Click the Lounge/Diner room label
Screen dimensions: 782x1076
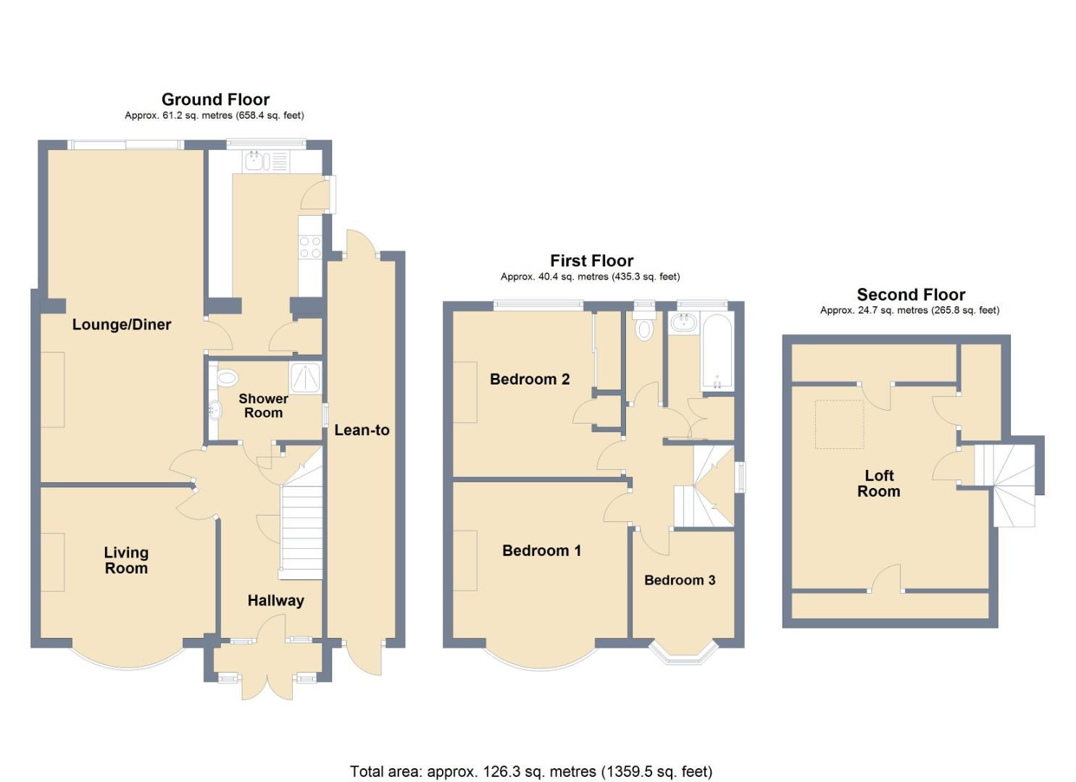[x=122, y=324]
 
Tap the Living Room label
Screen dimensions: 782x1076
[x=126, y=560]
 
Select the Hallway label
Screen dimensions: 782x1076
[x=275, y=600]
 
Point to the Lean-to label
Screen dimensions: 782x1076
[x=362, y=430]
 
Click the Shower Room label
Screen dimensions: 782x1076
[x=263, y=405]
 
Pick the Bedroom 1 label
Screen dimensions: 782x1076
[x=541, y=551]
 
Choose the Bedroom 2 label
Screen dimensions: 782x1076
[x=530, y=379]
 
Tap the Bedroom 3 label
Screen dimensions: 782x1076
[x=680, y=580]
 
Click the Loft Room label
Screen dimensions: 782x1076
[x=878, y=484]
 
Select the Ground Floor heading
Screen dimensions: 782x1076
[x=215, y=99]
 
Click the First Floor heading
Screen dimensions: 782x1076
[x=591, y=261]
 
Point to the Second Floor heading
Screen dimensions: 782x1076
[x=911, y=295]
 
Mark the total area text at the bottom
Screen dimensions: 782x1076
[x=531, y=771]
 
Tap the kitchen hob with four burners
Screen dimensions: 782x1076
[x=310, y=248]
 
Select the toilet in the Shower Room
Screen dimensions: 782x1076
[x=227, y=377]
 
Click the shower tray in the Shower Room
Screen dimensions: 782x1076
[x=305, y=378]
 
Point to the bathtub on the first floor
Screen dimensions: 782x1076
[x=717, y=352]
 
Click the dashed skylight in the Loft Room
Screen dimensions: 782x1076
[x=840, y=424]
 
